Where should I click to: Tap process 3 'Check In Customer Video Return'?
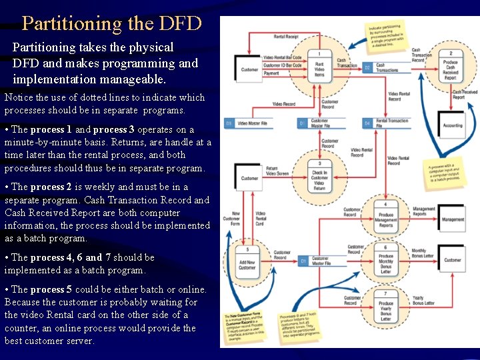319,177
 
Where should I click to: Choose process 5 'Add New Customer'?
247,263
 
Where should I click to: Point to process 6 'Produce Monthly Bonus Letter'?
386,259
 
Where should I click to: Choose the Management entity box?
453,219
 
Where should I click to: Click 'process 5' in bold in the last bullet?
51,289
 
